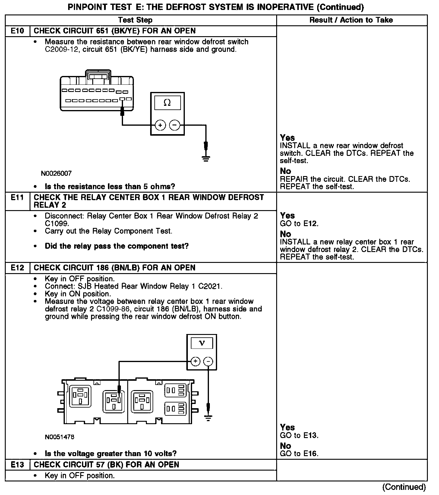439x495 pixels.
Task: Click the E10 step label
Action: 17,31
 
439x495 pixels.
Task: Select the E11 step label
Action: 17,197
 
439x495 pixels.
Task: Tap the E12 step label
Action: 17,268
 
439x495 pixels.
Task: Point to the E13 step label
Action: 17,465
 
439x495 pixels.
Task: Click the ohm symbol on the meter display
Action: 167,103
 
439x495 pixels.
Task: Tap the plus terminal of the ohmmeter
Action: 160,125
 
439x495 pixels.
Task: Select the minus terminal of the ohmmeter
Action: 175,125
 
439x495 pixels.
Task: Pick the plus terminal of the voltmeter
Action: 195,361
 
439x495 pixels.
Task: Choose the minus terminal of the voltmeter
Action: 208,361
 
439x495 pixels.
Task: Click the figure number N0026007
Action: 56,174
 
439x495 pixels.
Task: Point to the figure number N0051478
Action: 59,437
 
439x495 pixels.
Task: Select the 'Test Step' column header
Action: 135,20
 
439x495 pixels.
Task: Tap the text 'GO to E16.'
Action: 299,453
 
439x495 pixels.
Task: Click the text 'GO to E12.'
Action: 299,224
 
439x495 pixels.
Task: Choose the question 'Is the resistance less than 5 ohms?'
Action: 110,187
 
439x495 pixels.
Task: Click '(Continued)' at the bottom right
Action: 404,487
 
